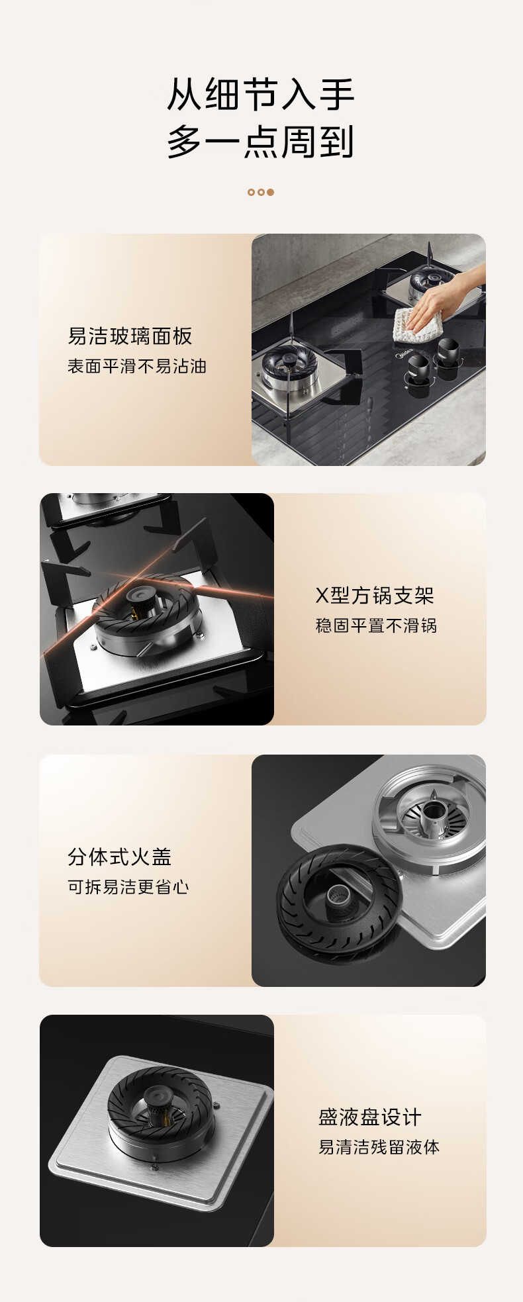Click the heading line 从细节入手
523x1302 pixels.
[x=261, y=95]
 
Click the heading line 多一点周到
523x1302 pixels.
[x=261, y=141]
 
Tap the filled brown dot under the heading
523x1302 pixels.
[x=270, y=192]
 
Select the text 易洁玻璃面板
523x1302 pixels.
[x=130, y=336]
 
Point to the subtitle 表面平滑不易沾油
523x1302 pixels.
[x=137, y=366]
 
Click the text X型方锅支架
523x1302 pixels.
[x=375, y=595]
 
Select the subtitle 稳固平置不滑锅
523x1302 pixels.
[x=376, y=626]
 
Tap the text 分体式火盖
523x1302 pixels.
[x=120, y=857]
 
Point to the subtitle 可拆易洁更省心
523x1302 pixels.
[x=128, y=887]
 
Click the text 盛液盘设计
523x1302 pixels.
[x=370, y=1117]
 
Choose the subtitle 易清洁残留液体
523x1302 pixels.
[x=379, y=1147]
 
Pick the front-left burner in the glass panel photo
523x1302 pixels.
[x=289, y=368]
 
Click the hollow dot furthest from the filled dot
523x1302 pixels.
[x=251, y=192]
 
